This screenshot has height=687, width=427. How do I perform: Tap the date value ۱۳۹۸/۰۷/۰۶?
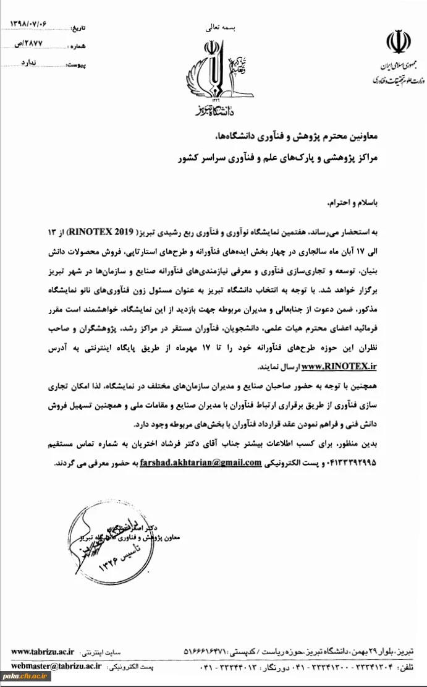(x=28, y=23)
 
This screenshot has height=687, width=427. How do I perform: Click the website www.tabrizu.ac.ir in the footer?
(x=43, y=651)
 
